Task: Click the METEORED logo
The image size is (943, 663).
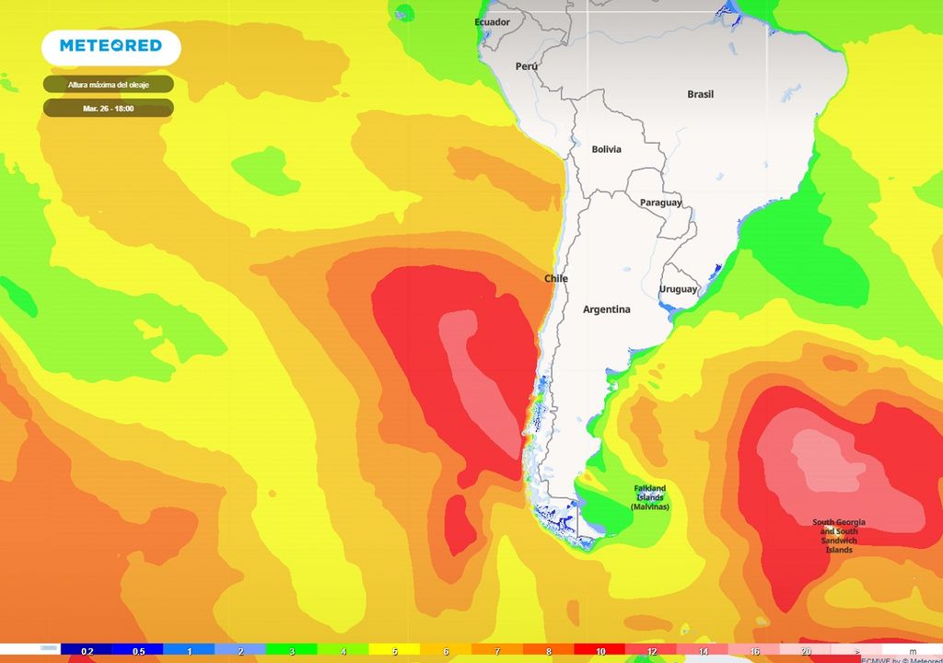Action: (x=111, y=46)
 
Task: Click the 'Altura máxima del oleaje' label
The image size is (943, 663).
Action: (x=108, y=85)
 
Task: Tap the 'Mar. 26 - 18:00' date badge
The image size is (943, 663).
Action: (x=108, y=109)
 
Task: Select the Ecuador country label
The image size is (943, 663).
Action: (x=492, y=22)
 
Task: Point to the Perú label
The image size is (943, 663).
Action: (x=526, y=66)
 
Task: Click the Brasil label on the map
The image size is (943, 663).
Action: (x=700, y=94)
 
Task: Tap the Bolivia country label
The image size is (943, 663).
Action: (x=606, y=149)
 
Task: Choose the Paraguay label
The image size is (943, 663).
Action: (x=660, y=203)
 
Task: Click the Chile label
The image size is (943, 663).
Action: (x=555, y=278)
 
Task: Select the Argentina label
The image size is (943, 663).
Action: (x=606, y=309)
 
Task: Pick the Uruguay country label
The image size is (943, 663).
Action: (x=678, y=290)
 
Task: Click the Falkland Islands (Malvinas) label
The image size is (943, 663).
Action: (x=649, y=498)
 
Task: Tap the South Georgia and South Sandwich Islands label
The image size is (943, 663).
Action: (x=838, y=536)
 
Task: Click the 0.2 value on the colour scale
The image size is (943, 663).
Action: (x=87, y=652)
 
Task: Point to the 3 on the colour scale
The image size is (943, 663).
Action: (x=292, y=652)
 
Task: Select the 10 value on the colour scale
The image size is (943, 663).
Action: (x=600, y=652)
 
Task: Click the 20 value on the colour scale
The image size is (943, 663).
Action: (x=806, y=652)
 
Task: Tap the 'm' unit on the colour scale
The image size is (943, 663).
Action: (x=913, y=652)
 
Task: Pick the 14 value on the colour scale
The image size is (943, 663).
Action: (x=703, y=652)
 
